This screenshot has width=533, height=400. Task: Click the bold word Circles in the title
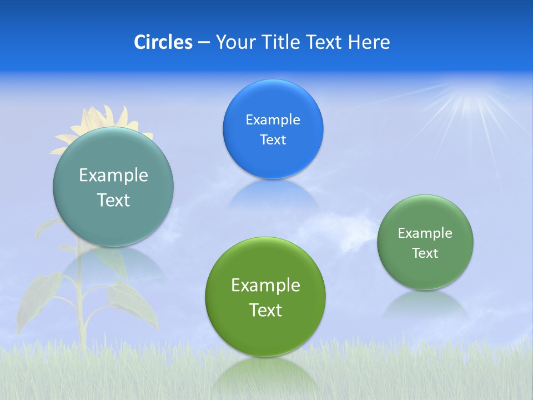point(163,42)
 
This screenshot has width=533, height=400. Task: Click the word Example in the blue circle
point(273,119)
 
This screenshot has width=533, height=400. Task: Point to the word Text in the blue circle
point(273,139)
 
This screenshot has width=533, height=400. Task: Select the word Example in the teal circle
point(113,175)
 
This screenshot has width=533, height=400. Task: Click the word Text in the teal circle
point(113,200)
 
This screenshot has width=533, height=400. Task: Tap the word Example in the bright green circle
point(265,285)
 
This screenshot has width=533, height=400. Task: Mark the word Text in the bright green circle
point(265,310)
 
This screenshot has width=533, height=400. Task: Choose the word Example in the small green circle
point(425,233)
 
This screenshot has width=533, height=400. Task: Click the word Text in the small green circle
point(425,253)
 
